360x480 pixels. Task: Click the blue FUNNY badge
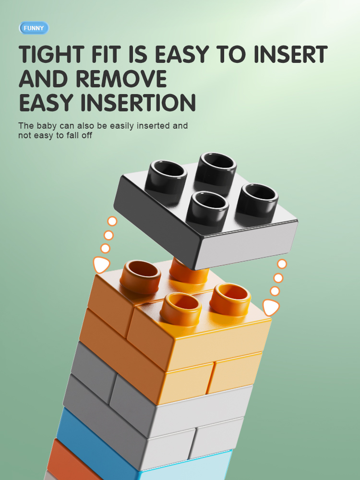[x=34, y=28]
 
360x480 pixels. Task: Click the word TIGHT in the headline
[x=51, y=54]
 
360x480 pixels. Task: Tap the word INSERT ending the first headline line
[x=290, y=54]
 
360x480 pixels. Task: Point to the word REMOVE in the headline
[x=121, y=79]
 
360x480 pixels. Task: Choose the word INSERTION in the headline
[x=138, y=102]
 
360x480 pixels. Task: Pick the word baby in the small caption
[x=47, y=126]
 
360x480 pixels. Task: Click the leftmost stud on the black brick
[x=166, y=178]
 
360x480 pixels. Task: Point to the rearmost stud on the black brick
[x=216, y=169]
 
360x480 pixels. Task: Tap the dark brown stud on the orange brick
[x=141, y=276]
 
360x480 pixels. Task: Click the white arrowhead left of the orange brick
[x=101, y=264]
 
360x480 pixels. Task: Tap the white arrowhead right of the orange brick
[x=271, y=307]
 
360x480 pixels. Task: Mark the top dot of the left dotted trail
[x=112, y=221]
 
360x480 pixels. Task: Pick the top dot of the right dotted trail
[x=282, y=264]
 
